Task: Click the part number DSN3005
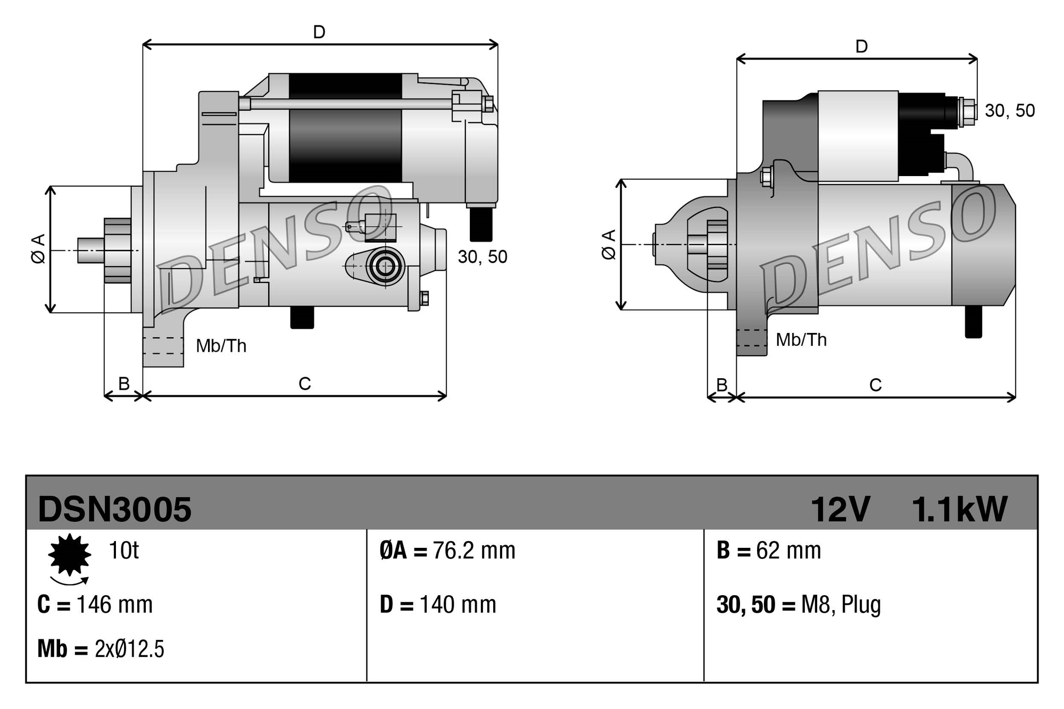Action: point(114,509)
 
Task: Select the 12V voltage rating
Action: point(840,509)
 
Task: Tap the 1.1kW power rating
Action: point(959,509)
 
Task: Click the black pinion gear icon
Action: point(69,555)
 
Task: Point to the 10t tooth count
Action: point(123,550)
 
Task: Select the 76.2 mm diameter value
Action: point(473,550)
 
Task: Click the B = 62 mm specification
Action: point(768,550)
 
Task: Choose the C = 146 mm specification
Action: point(95,605)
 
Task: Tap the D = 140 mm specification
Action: point(438,605)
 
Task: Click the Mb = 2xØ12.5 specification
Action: point(101,649)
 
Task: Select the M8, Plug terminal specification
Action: point(841,605)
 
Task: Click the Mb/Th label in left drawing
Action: point(221,346)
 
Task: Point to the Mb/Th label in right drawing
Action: point(801,340)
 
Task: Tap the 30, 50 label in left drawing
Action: point(482,257)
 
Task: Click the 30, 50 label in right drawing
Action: point(1009,111)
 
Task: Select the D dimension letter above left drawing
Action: point(319,32)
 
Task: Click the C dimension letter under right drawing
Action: point(875,385)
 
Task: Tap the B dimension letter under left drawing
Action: point(123,383)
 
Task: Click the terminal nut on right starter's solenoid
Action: point(968,112)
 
